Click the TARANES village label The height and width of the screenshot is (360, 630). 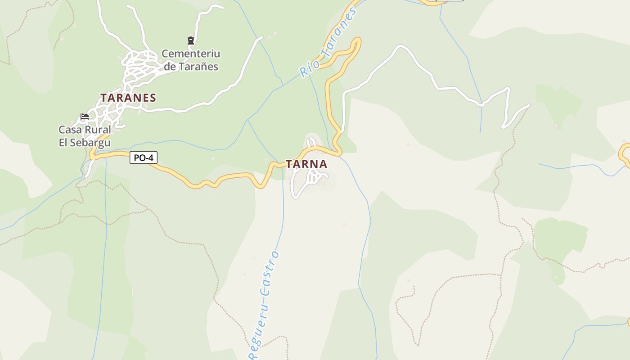tap(128, 98)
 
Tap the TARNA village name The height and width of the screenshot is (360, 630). tap(306, 164)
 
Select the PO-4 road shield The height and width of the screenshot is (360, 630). tap(144, 158)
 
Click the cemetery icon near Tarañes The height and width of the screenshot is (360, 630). tap(191, 40)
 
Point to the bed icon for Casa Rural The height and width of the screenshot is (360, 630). tap(85, 117)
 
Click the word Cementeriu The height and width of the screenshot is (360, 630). tap(191, 54)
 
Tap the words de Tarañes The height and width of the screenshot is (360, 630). tap(191, 67)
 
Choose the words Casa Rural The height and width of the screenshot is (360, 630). tap(85, 130)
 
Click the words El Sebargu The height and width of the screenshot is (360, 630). tap(85, 143)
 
